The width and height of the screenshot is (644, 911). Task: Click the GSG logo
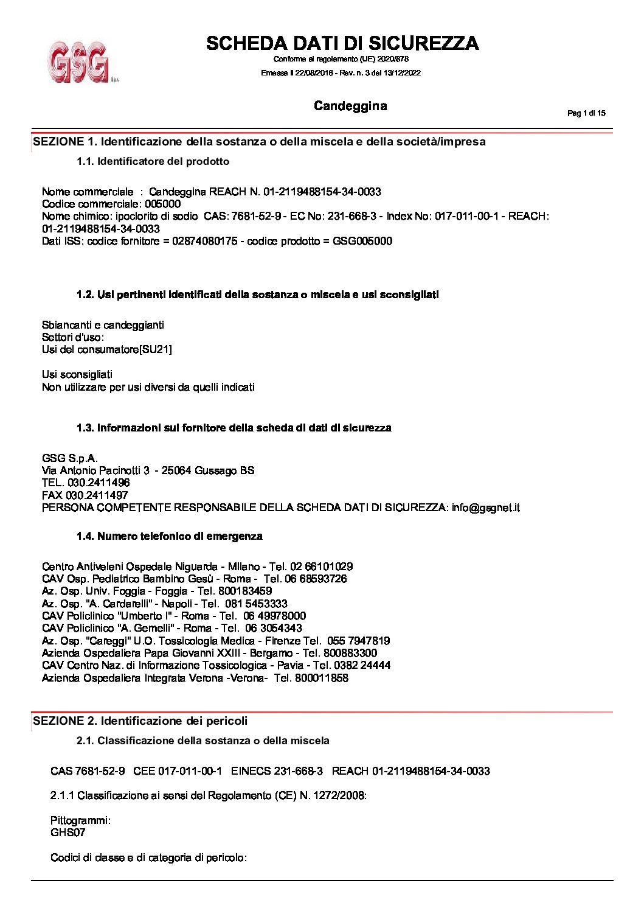(80, 61)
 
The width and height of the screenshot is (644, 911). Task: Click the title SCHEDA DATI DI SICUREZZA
(342, 43)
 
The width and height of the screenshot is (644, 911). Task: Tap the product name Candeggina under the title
(350, 106)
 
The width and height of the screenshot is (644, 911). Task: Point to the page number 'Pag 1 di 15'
(586, 113)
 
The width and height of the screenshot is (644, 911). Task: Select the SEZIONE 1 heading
(259, 142)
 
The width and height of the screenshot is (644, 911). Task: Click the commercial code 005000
(163, 204)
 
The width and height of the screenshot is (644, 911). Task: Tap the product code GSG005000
(362, 242)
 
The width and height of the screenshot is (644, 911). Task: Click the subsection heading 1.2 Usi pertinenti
(257, 295)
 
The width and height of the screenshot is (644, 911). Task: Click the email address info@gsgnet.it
(485, 508)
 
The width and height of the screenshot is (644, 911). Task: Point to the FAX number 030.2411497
(97, 496)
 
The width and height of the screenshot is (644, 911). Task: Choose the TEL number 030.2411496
(99, 483)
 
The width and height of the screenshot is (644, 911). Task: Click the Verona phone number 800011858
(322, 679)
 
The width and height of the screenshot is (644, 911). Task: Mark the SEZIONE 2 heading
(140, 721)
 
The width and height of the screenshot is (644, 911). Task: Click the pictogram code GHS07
(68, 833)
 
